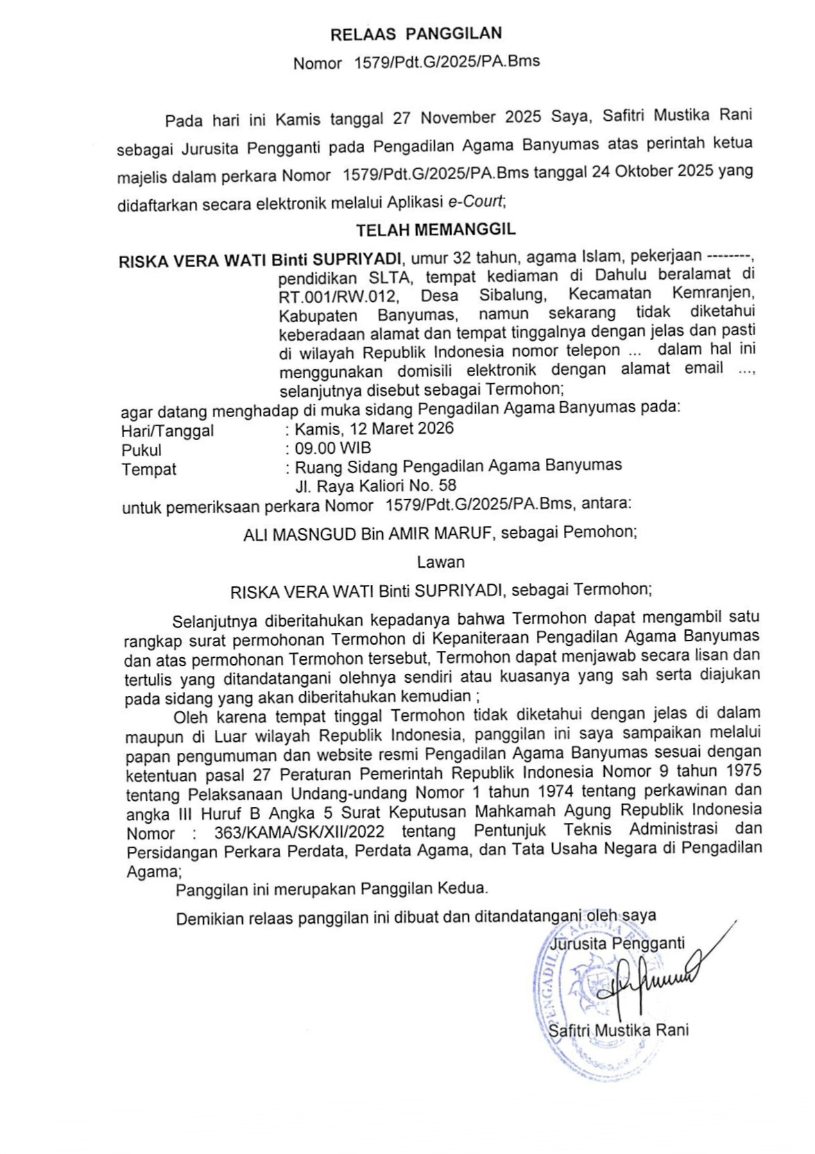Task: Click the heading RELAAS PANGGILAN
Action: coord(415,33)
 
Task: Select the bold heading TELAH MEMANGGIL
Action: coord(436,229)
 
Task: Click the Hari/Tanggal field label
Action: coord(167,431)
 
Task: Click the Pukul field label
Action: coord(141,450)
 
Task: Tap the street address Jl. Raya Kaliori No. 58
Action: coord(376,485)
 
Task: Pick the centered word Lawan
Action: coord(440,562)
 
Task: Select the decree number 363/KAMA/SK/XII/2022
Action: coord(299,832)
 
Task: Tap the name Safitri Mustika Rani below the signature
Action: coord(618,1030)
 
